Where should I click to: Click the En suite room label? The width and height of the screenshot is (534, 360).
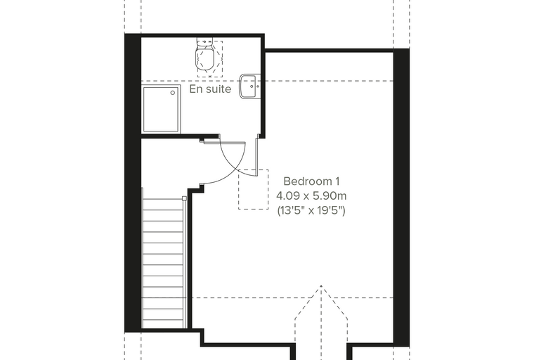coord(210,89)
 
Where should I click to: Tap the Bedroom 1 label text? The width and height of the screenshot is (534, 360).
coord(311,181)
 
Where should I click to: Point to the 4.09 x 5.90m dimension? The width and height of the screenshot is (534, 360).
coord(311,196)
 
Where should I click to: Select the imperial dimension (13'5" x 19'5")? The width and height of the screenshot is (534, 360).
coord(311,211)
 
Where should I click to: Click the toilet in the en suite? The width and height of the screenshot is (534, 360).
coord(204,58)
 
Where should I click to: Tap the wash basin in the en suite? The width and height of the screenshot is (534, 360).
coord(249,86)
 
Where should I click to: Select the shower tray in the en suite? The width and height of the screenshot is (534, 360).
coord(161,109)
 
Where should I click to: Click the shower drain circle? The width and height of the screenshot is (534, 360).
coord(173,93)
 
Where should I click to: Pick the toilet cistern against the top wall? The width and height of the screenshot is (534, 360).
coord(204,42)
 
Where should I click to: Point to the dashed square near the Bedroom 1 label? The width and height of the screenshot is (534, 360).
coord(253,189)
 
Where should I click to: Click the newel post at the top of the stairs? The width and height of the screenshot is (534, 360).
coord(184,198)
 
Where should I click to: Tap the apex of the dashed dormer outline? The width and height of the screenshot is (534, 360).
coord(321,285)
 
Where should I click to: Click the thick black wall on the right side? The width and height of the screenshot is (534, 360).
coord(401,195)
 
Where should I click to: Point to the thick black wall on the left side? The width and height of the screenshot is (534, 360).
coord(133,183)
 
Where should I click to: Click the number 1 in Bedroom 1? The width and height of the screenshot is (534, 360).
coord(337,181)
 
